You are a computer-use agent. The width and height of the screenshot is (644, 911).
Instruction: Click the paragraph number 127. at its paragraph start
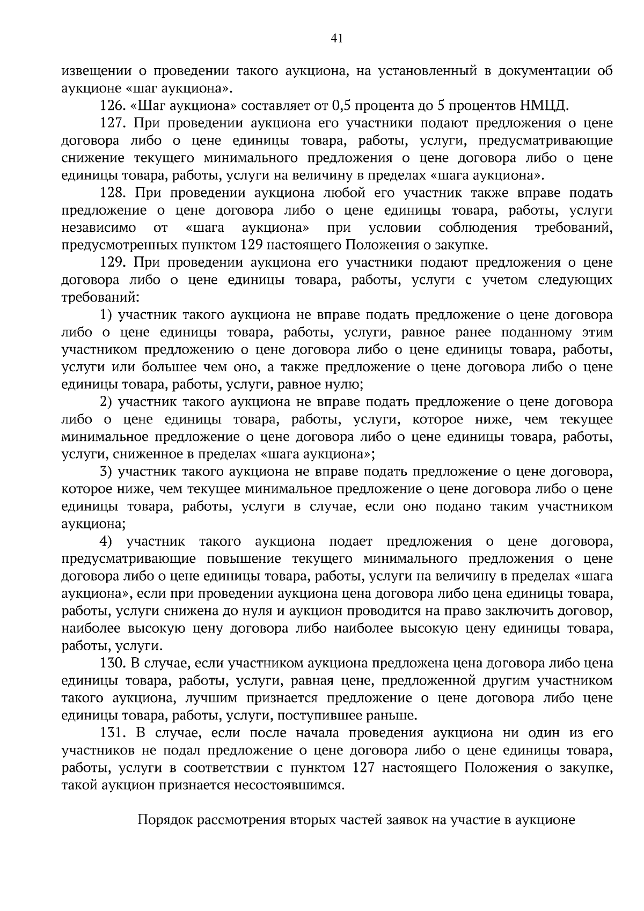point(112,123)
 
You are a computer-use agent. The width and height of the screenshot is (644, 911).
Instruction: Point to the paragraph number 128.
point(112,193)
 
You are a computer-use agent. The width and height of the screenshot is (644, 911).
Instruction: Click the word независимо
point(99,228)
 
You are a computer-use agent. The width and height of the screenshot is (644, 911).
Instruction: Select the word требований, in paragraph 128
point(574,228)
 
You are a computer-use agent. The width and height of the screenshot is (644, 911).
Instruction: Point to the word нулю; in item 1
point(343,385)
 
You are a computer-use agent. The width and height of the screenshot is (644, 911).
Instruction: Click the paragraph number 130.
point(112,664)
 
